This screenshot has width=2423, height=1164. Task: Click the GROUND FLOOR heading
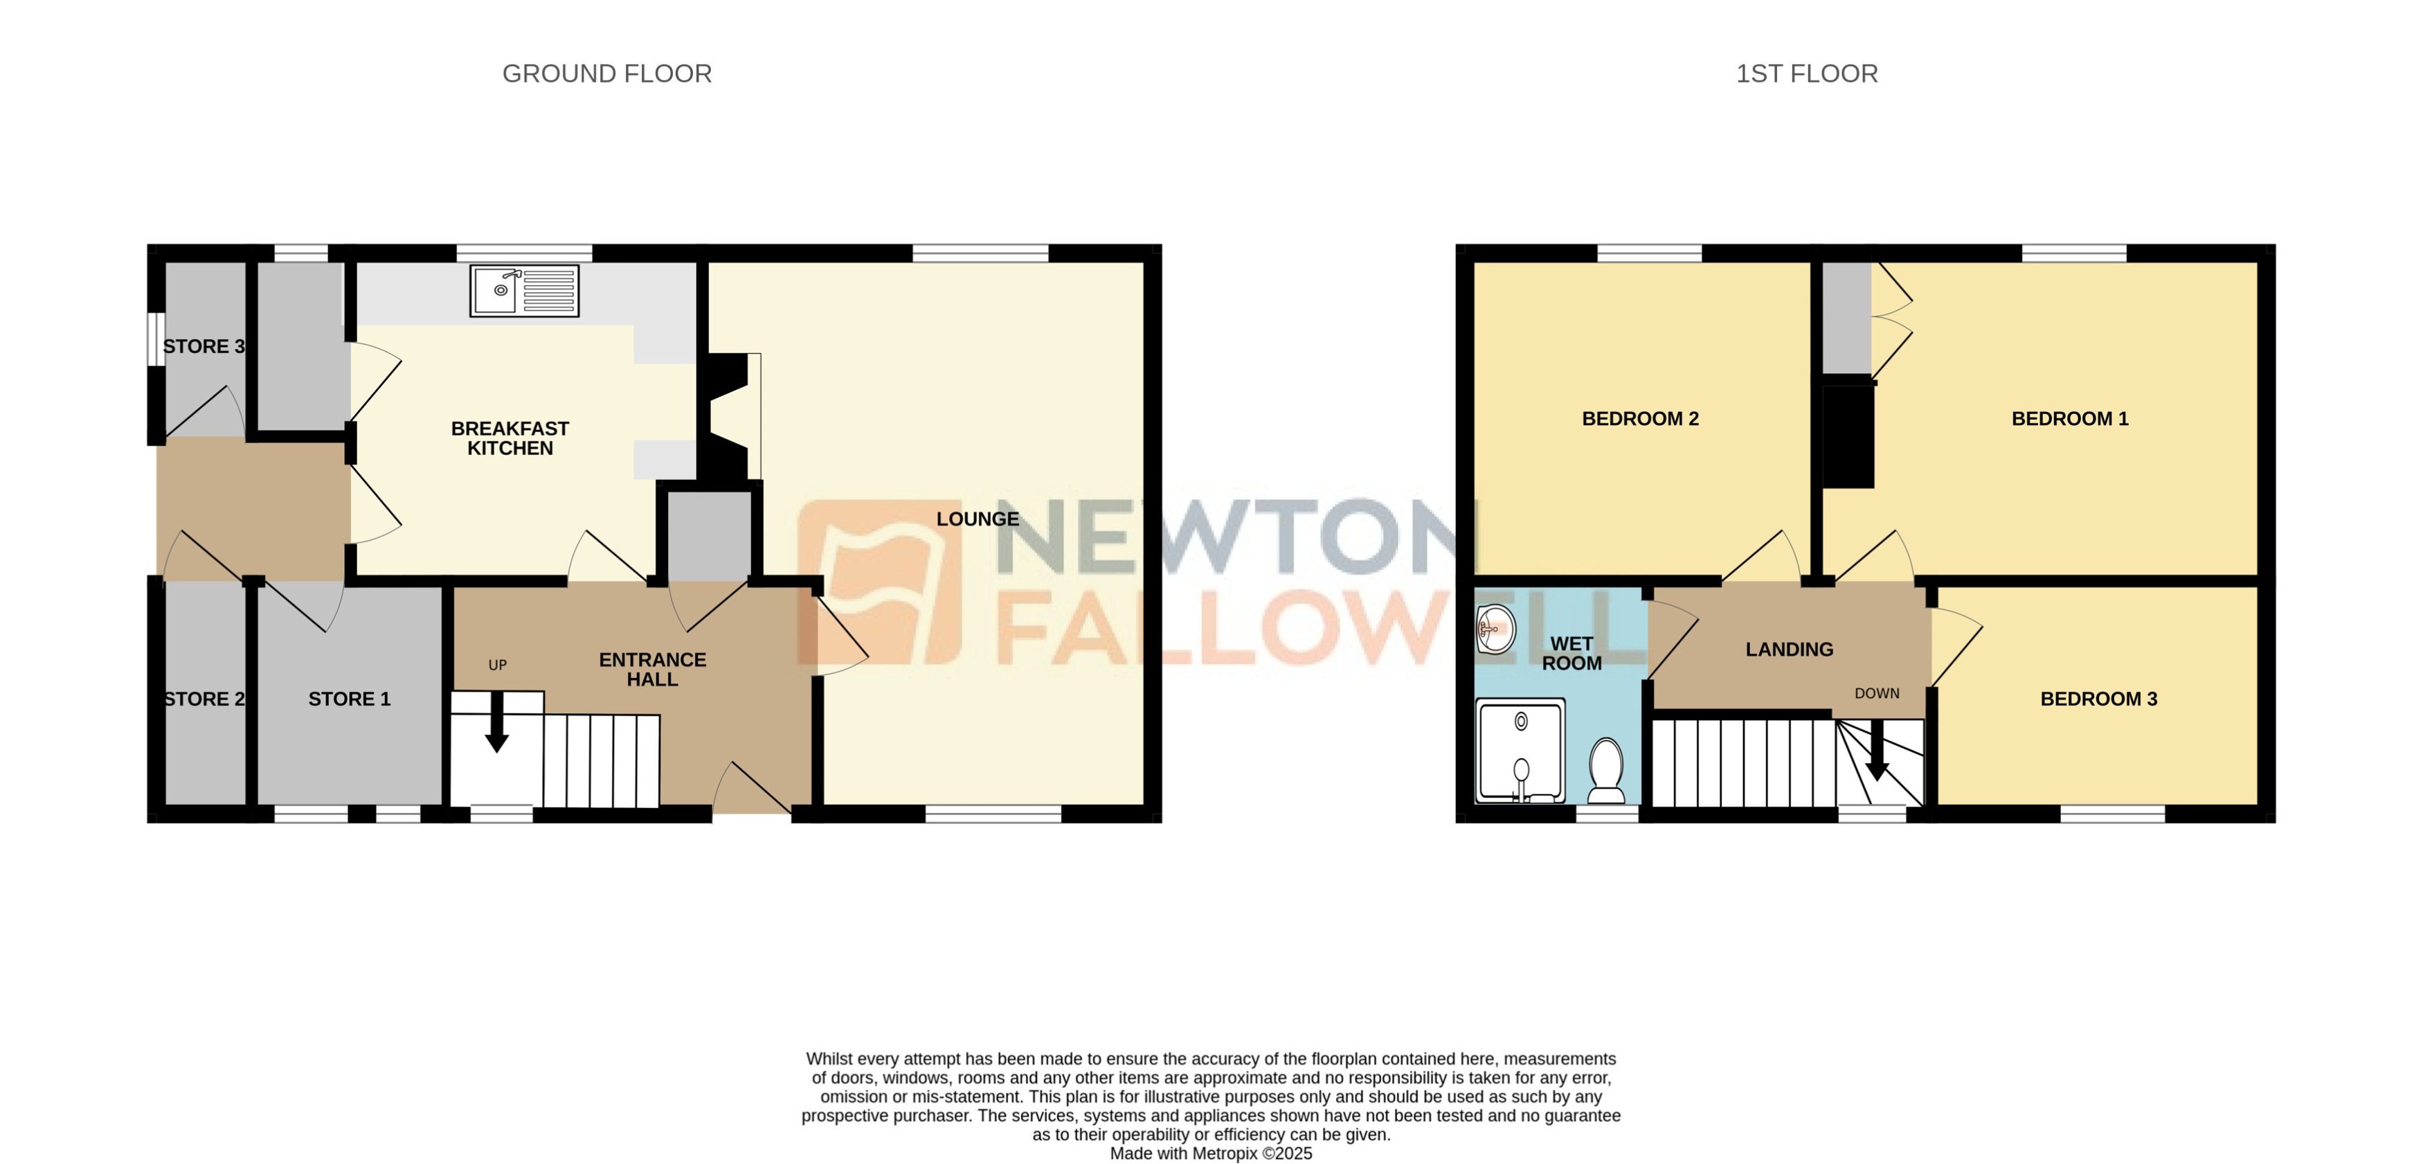(x=606, y=73)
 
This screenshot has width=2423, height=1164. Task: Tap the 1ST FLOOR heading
(x=1806, y=73)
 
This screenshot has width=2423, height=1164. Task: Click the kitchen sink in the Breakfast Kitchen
(x=524, y=290)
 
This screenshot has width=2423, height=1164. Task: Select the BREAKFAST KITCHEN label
(x=510, y=438)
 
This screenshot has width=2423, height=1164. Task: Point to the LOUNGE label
(x=978, y=519)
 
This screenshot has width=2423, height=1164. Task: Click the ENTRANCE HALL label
(x=652, y=669)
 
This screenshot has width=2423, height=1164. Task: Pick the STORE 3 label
(x=203, y=346)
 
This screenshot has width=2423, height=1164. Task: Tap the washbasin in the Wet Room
(x=1495, y=629)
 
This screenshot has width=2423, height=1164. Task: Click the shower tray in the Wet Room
(x=1520, y=751)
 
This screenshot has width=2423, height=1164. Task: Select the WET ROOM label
(x=1571, y=653)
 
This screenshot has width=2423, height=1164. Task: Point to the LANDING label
(x=1789, y=650)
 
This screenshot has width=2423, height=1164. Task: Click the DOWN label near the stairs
(x=1877, y=694)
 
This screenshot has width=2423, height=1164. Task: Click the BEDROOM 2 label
(x=1641, y=419)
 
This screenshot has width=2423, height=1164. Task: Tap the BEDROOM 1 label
(x=2069, y=419)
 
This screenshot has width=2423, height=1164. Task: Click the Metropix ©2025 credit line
(x=1211, y=1154)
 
